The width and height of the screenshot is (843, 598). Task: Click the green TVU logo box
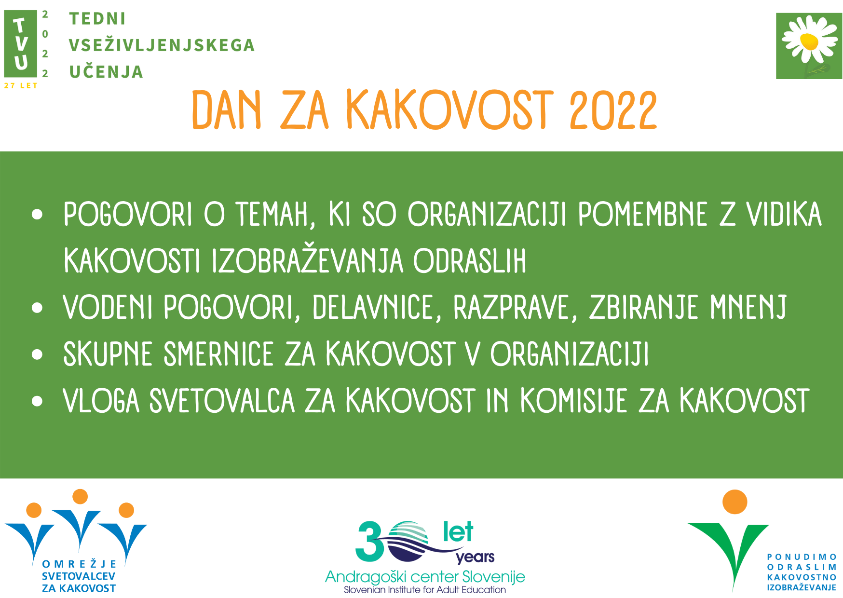pyautogui.click(x=21, y=44)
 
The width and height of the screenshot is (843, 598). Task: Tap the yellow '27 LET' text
pyautogui.click(x=21, y=86)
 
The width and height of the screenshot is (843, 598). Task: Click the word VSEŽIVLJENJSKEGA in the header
pyautogui.click(x=162, y=45)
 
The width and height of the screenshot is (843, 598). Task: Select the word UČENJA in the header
pyautogui.click(x=106, y=71)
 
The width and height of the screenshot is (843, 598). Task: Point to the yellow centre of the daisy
pyautogui.click(x=809, y=41)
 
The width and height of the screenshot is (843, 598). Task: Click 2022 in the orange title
pyautogui.click(x=613, y=110)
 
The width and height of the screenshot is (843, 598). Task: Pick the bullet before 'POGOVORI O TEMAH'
pyautogui.click(x=37, y=215)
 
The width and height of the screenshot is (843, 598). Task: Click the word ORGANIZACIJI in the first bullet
pyautogui.click(x=487, y=214)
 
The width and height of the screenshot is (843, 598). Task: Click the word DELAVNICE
pyautogui.click(x=373, y=307)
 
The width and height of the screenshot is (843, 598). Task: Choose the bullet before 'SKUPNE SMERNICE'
pyautogui.click(x=37, y=354)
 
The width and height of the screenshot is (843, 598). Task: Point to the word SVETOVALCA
pyautogui.click(x=222, y=400)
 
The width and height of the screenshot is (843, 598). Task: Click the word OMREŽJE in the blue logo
pyautogui.click(x=80, y=564)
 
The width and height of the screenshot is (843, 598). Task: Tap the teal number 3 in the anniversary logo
pyautogui.click(x=370, y=542)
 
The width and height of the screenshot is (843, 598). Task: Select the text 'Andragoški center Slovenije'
pyautogui.click(x=425, y=577)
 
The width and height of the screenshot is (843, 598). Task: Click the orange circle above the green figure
pyautogui.click(x=734, y=502)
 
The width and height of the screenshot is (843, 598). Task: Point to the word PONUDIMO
pyautogui.click(x=802, y=557)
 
